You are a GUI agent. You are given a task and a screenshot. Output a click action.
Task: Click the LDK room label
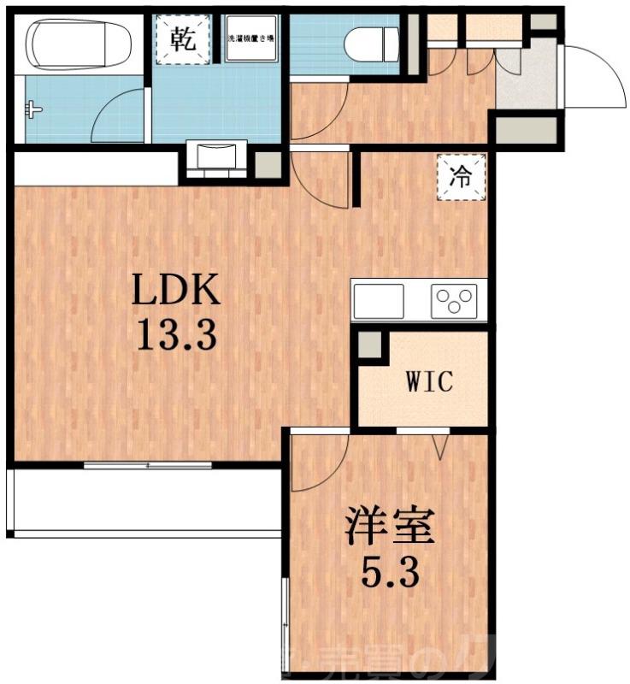(x=176, y=293)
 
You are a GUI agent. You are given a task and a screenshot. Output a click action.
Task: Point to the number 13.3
(x=176, y=334)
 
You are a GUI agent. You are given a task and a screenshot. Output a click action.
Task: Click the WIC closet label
(x=428, y=381)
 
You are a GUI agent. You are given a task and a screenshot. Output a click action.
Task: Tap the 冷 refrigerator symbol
(x=461, y=178)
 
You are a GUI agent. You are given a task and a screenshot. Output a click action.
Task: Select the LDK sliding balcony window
(x=148, y=465)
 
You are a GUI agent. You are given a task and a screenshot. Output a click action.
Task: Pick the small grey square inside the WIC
(x=370, y=345)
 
